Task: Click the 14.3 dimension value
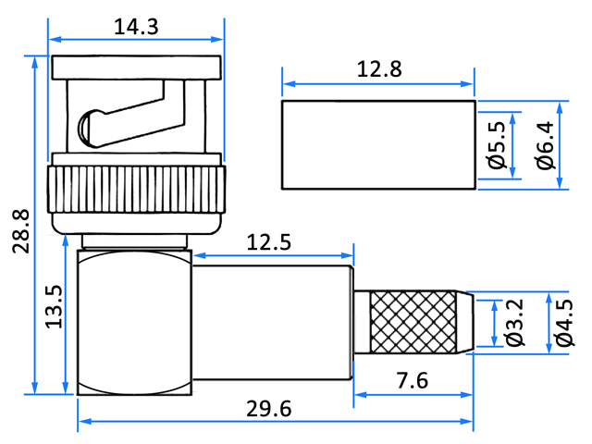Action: pos(136,27)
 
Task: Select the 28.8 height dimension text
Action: pos(20,231)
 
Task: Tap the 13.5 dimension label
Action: pos(54,306)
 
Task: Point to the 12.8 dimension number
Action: pos(379,69)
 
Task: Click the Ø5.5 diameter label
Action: pos(496,145)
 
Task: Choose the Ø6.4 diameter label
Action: pos(545,145)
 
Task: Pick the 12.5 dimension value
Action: pos(269,242)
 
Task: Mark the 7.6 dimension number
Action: pos(413,380)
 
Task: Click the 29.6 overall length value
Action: pos(269,409)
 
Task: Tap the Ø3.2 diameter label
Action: pos(515,323)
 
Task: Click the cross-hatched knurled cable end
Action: pos(413,322)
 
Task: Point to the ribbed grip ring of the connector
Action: pos(136,189)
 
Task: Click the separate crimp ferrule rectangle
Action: pos(378,144)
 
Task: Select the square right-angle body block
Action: pos(134,322)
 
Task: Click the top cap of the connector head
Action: pos(136,68)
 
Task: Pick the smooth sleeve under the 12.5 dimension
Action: pos(273,323)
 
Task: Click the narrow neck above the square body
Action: pos(135,241)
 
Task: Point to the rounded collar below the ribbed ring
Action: pos(136,224)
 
